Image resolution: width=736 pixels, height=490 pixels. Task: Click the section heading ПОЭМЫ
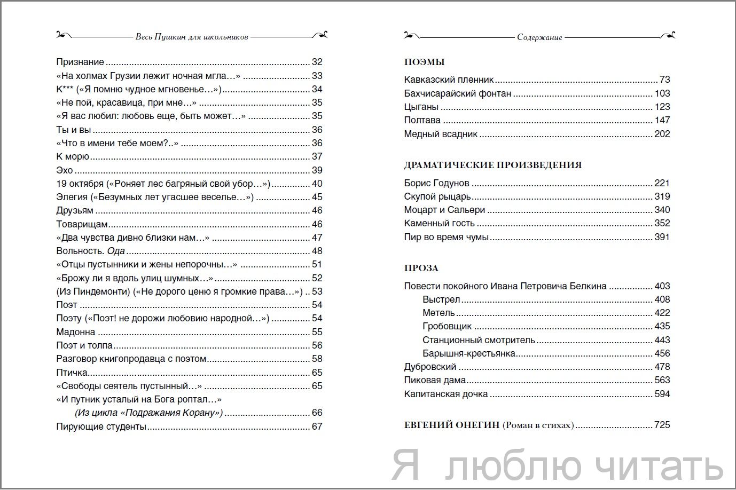(x=425, y=62)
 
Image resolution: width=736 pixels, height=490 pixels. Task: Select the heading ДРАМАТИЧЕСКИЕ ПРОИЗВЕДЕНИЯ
(x=493, y=165)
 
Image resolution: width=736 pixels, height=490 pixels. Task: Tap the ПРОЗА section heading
(x=421, y=268)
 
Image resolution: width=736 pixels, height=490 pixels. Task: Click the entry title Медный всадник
(x=441, y=134)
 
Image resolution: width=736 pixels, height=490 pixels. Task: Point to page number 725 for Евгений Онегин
(x=662, y=425)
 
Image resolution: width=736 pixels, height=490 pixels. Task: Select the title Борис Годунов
(x=437, y=183)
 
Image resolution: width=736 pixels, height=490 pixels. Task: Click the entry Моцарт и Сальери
(x=444, y=210)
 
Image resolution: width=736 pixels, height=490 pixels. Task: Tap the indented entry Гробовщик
(x=447, y=326)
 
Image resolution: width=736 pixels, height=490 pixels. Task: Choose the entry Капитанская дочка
(x=446, y=394)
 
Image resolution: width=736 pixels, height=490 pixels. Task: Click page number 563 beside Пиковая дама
(x=662, y=380)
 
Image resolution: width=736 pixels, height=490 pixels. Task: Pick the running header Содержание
(x=539, y=37)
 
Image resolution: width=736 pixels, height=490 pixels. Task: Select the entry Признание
(x=80, y=62)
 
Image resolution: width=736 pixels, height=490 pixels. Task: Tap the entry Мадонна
(x=76, y=332)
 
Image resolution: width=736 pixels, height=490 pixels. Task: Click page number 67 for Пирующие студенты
(x=317, y=426)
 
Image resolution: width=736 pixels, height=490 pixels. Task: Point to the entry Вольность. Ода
(x=90, y=251)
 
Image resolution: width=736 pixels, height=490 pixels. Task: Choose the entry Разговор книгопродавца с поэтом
(x=131, y=359)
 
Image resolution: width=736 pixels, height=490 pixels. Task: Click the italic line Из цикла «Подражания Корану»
(x=147, y=413)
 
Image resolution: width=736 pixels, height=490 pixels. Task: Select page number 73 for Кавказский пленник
(x=664, y=80)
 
